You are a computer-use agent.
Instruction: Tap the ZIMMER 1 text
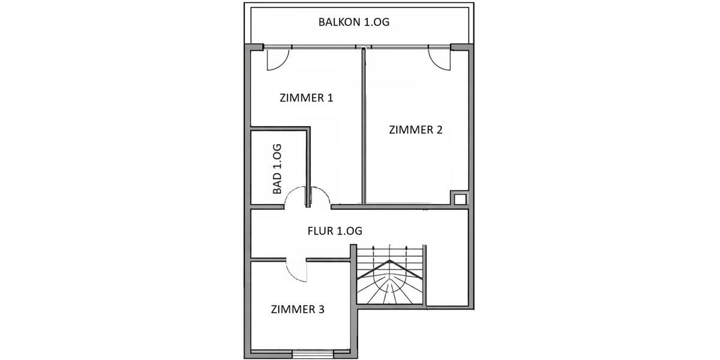(306, 98)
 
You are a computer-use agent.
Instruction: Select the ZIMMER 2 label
(415, 130)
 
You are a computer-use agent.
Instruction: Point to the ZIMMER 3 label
(298, 310)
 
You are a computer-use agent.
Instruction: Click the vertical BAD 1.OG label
(277, 169)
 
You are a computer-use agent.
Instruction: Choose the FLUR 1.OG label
(334, 230)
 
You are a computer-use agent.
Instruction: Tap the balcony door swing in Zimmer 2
(439, 59)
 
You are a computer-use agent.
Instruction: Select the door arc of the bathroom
(295, 197)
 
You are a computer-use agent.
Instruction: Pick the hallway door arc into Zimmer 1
(320, 197)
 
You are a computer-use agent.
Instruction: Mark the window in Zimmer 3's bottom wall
(312, 353)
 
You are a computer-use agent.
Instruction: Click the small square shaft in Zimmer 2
(460, 199)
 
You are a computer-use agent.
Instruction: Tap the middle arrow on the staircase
(390, 251)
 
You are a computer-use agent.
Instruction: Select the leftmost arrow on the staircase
(373, 251)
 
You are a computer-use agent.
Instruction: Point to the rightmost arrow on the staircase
(407, 251)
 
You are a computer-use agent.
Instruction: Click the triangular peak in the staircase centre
(391, 263)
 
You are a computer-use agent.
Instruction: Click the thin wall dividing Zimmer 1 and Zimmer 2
(362, 126)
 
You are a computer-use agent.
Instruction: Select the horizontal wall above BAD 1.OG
(280, 128)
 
